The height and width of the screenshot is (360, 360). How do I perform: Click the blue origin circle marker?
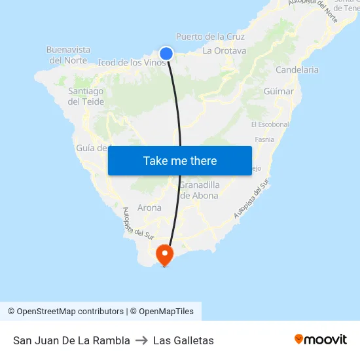click(x=166, y=54)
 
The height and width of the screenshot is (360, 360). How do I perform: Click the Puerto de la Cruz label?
click(x=210, y=37)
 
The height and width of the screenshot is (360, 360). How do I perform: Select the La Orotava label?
click(x=225, y=50)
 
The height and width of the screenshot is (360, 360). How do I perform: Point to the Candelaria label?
click(x=297, y=69)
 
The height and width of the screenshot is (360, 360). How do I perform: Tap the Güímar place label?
click(x=280, y=91)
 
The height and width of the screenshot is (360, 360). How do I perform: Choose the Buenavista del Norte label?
click(x=69, y=54)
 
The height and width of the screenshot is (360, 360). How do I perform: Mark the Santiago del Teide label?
click(x=86, y=96)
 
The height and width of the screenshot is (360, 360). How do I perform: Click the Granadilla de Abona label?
click(x=200, y=190)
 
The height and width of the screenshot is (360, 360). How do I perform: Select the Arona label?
click(x=150, y=207)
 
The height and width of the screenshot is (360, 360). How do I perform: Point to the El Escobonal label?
click(x=270, y=124)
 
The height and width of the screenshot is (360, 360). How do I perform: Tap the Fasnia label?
click(x=264, y=139)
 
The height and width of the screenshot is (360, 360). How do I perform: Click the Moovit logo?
click(x=320, y=339)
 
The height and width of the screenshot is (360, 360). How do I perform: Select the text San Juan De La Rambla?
click(x=71, y=340)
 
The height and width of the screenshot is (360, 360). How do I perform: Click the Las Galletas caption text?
click(x=183, y=340)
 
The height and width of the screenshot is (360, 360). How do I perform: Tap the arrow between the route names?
click(x=141, y=340)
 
